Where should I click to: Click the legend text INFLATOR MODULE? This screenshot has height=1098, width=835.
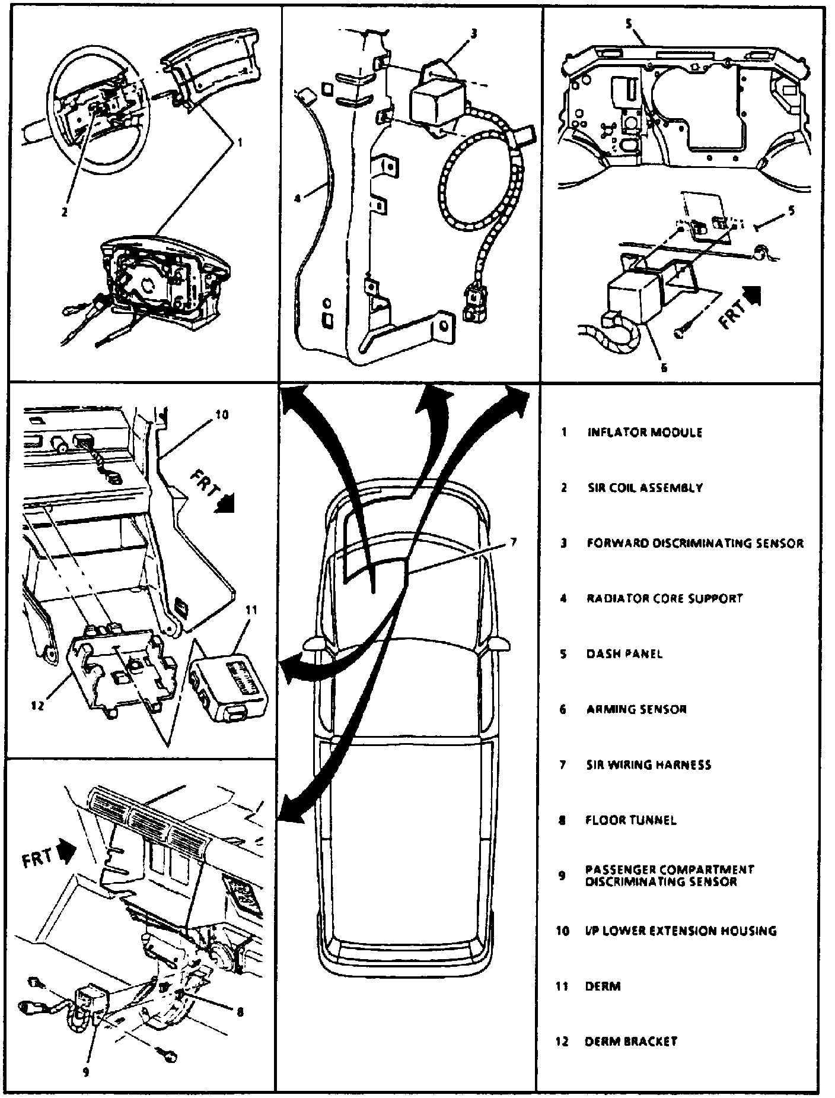coord(645,432)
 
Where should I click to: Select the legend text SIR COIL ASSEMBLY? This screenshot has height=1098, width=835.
coord(645,488)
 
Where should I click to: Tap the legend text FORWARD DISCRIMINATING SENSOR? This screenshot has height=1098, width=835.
coord(695,543)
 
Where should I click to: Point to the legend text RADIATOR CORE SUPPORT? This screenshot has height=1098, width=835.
coord(664,598)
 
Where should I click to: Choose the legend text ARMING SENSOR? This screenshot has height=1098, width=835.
coord(636,709)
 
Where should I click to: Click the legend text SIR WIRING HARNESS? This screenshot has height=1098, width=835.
coord(648,765)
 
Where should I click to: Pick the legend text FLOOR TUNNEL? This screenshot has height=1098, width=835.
coord(631,821)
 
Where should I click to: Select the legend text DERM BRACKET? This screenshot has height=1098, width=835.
coord(631,1042)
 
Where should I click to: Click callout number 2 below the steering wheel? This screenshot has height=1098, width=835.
coord(64,212)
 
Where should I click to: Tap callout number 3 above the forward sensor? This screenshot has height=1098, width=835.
coord(473,34)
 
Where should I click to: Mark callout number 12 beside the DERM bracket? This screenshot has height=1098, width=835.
coord(37,707)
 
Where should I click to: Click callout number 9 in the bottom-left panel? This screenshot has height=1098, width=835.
coord(87,1071)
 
